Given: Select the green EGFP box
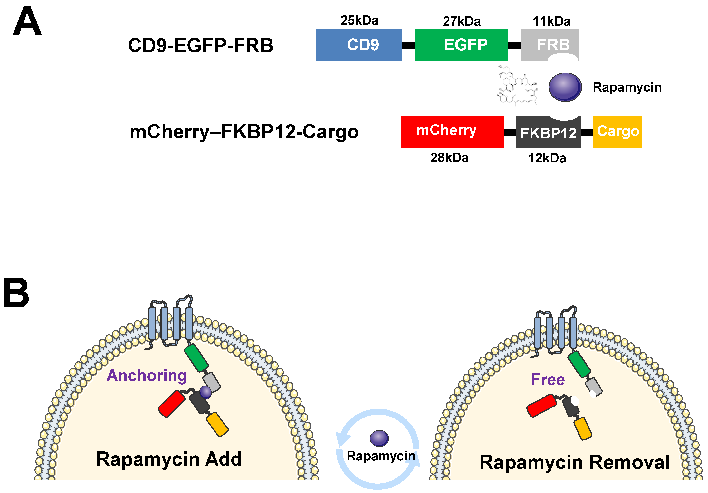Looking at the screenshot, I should point(461,45).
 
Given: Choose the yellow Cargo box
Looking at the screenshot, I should point(617,132).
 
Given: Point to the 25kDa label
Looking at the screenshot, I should point(359,20).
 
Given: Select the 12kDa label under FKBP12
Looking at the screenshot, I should point(547,158).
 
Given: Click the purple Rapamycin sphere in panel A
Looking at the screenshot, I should point(565,87).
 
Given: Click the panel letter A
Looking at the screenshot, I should point(27,22).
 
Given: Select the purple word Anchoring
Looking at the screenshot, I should point(147,376).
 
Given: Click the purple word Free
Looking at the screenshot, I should point(548,379).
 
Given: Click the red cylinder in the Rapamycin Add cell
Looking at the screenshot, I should point(171,403).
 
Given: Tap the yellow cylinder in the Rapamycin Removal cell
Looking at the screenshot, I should point(582,428).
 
